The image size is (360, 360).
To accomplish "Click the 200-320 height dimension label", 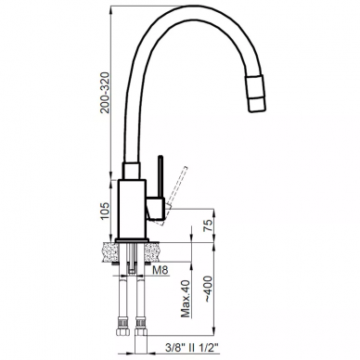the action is click(x=106, y=93).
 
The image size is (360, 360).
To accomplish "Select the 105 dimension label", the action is click(x=105, y=211).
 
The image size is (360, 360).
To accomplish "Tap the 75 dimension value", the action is click(x=209, y=225).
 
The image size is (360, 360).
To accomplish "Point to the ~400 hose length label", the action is click(x=209, y=289).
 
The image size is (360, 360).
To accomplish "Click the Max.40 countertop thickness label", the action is click(x=186, y=299).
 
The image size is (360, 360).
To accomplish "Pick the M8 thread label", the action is click(x=161, y=270).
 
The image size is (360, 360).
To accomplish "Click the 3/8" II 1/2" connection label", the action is click(x=192, y=348).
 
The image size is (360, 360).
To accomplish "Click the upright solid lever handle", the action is click(x=161, y=176).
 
